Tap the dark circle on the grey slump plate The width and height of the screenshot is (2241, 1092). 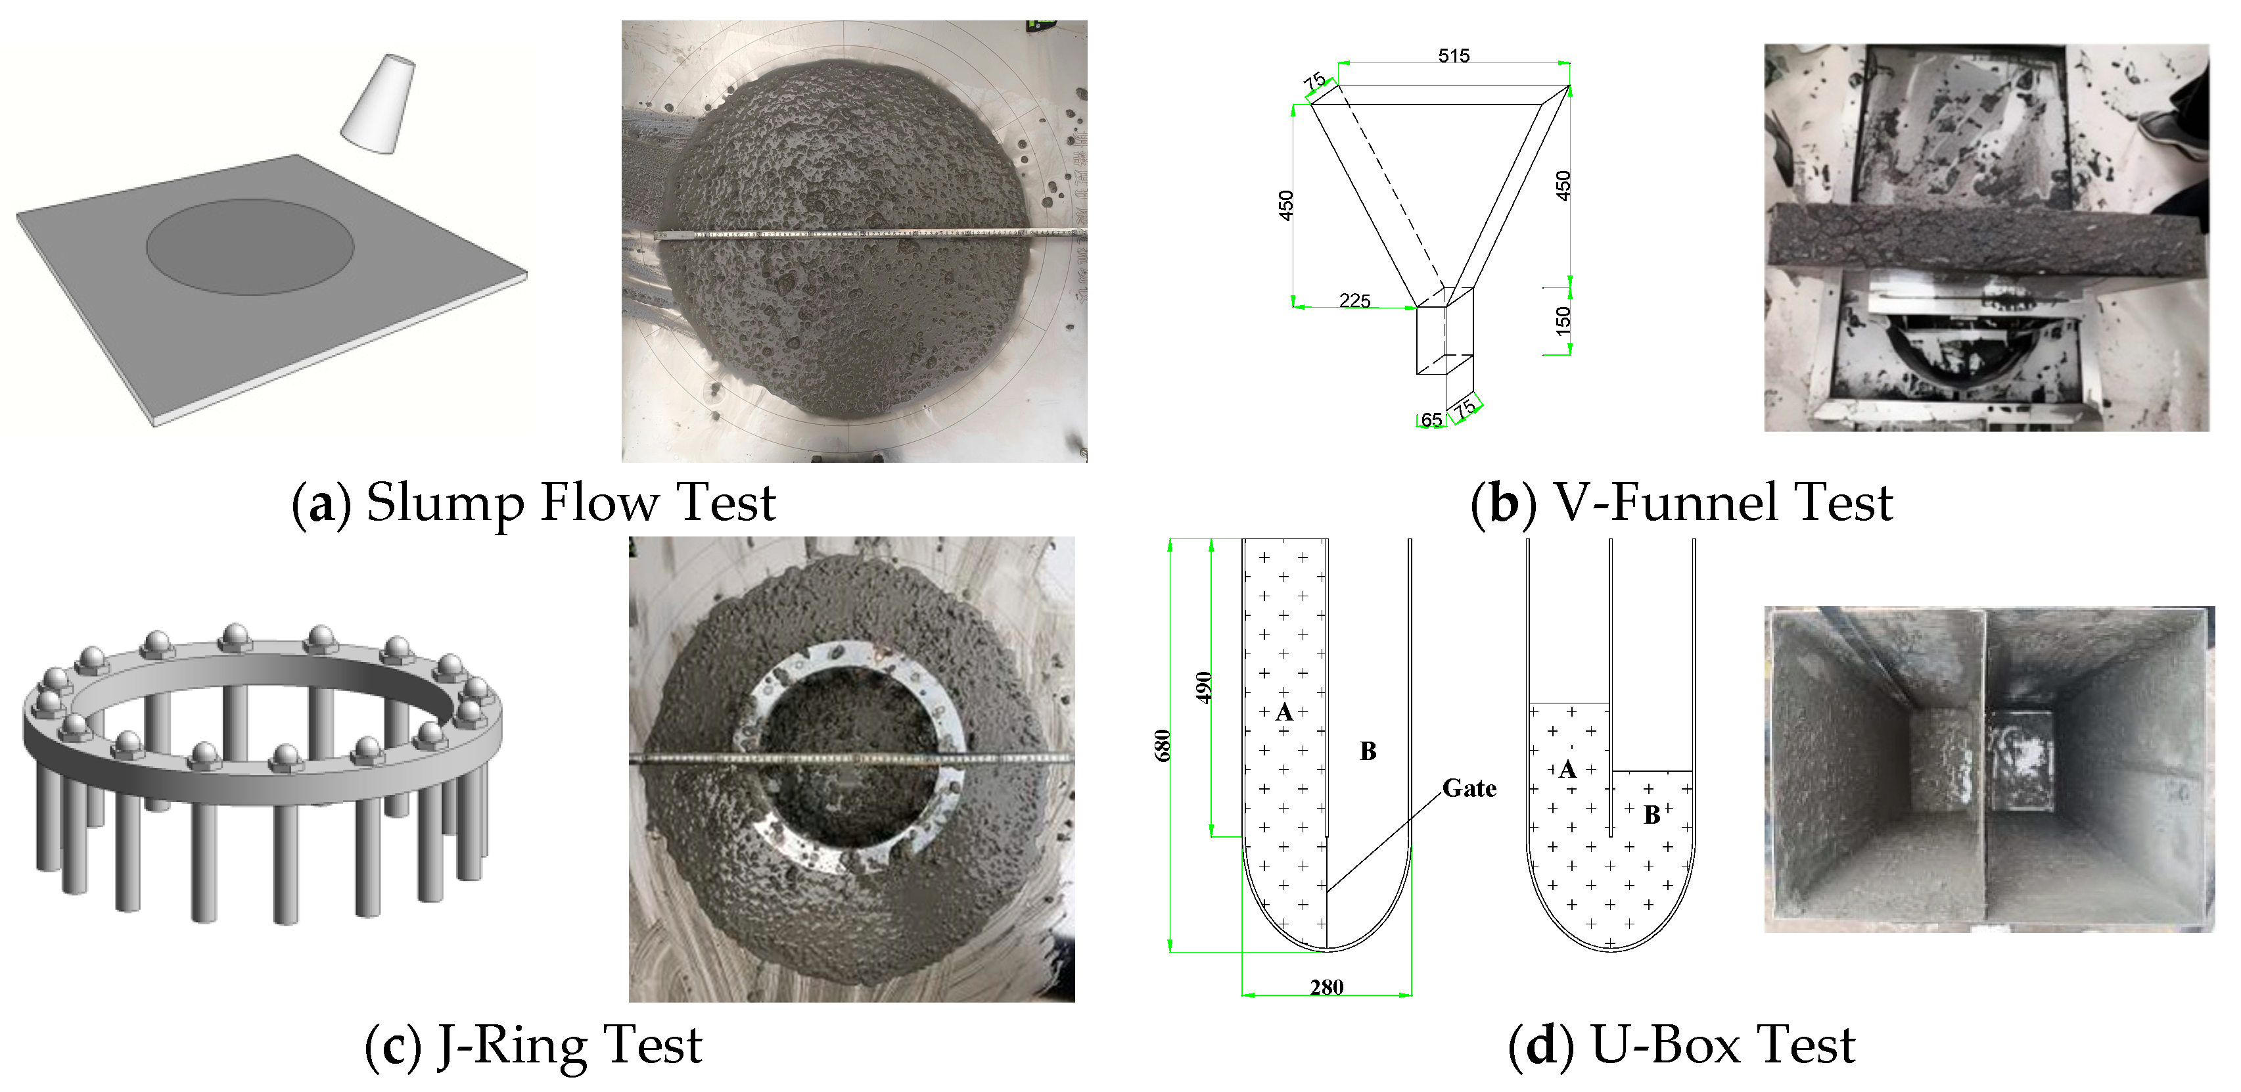(x=250, y=247)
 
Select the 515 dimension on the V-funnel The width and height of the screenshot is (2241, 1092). (x=1453, y=56)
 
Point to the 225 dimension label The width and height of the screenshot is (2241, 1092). (x=1354, y=301)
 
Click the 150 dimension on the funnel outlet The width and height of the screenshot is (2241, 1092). (x=1563, y=320)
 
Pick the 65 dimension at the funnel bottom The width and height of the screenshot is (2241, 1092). (x=1431, y=420)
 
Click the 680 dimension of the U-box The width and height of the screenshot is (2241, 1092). (x=1163, y=745)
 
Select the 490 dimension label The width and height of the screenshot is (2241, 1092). (x=1203, y=688)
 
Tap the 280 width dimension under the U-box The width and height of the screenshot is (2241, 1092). (x=1327, y=987)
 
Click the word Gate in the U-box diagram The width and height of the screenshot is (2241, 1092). (x=1469, y=788)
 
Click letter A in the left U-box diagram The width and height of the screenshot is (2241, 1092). (x=1284, y=713)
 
